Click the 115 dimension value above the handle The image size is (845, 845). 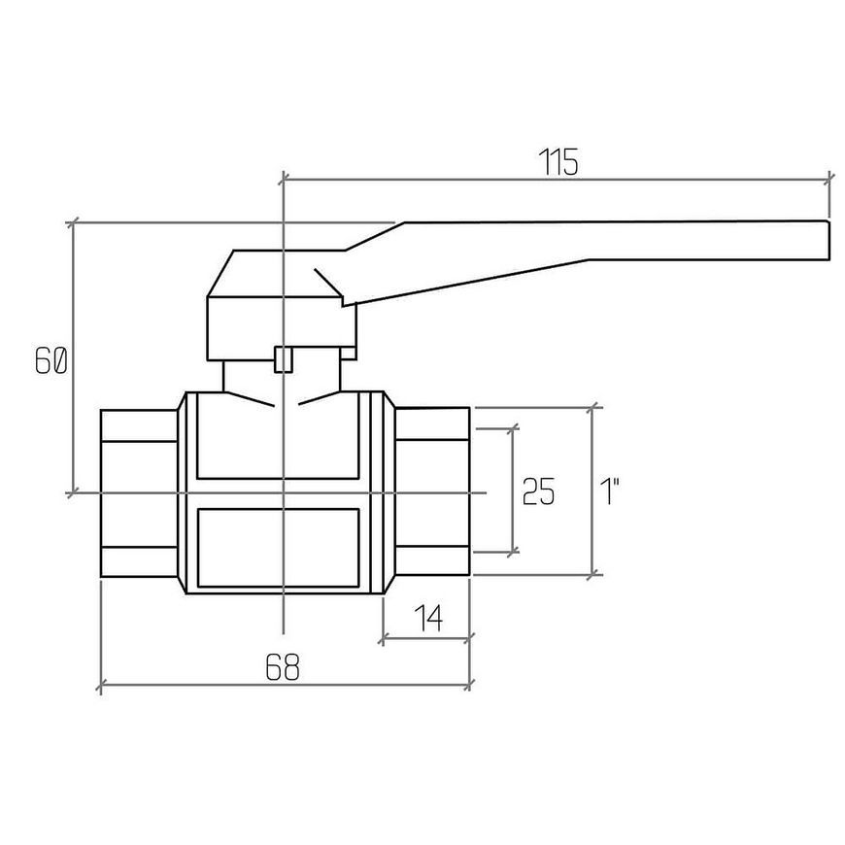[558, 161]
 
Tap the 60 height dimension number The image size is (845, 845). [51, 360]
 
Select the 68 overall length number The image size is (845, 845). [283, 666]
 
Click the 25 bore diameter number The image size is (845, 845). [538, 490]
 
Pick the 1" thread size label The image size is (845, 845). [610, 490]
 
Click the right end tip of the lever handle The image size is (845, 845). [828, 240]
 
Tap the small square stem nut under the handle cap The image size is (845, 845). [283, 359]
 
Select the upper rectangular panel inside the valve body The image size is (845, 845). [278, 435]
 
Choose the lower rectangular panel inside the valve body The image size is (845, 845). [278, 548]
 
